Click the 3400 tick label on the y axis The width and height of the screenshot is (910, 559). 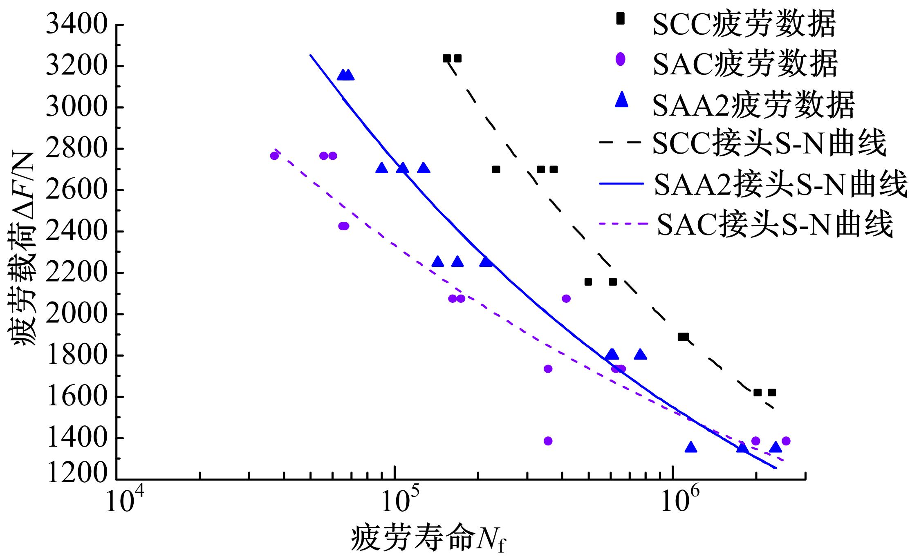click(x=77, y=25)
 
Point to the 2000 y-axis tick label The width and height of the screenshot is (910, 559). click(x=77, y=314)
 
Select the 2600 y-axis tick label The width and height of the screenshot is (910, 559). click(x=77, y=190)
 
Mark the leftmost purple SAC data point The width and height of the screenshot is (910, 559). click(x=274, y=156)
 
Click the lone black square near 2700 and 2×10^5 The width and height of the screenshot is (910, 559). click(x=496, y=169)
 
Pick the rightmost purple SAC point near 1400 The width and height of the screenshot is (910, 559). click(x=785, y=441)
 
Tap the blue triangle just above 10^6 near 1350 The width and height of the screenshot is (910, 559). click(x=690, y=447)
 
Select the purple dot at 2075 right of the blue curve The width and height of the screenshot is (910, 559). click(x=566, y=299)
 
